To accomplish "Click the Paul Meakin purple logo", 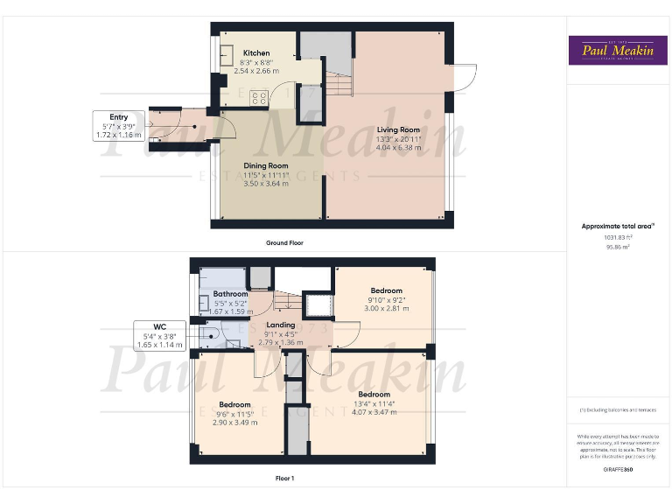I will [x=619, y=50].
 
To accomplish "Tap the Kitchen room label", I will [x=256, y=53].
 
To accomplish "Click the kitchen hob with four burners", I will [x=259, y=98].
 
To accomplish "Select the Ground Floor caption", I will [x=284, y=242].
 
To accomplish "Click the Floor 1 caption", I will [x=284, y=479].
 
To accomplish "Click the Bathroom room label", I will [x=230, y=294].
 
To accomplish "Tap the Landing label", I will [x=280, y=325].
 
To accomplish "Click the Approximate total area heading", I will [x=618, y=226].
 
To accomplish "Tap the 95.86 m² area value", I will [x=618, y=248].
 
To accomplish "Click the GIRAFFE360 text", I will [x=618, y=470].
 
